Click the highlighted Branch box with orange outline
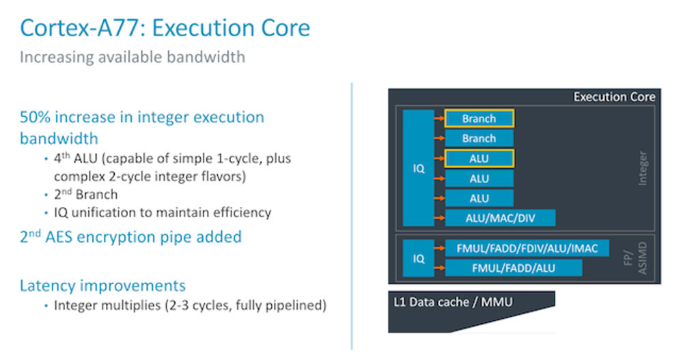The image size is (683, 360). point(479,119)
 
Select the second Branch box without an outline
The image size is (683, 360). point(479,139)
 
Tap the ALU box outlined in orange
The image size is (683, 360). point(479,158)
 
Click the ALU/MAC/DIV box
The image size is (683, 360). point(500,218)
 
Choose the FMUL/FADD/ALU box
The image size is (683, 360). point(514,268)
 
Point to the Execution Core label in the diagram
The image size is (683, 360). point(614,97)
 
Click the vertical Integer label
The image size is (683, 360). point(643,168)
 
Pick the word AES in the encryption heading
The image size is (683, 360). point(68,237)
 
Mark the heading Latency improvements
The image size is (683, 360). point(102,285)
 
